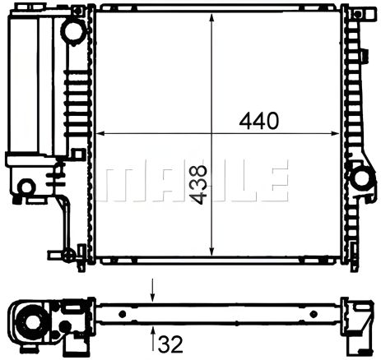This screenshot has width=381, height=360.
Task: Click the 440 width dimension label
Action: point(258,120)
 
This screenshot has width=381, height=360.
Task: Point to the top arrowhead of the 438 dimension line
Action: point(213,16)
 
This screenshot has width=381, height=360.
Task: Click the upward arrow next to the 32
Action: point(151,336)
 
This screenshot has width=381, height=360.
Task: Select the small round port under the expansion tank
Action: point(26,187)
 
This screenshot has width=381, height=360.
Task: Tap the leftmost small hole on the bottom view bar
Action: point(123,313)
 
